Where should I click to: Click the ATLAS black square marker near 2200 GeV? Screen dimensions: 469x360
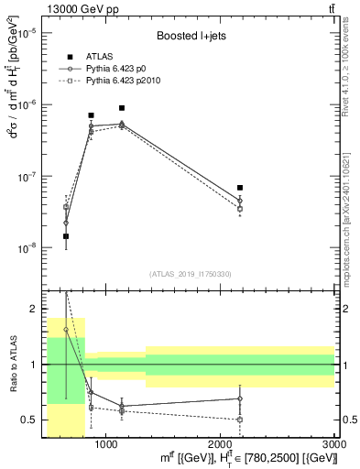240,188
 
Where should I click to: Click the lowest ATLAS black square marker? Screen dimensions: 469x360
66,236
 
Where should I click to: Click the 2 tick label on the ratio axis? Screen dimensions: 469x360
33,309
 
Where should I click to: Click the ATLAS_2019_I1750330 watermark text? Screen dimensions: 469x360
191,274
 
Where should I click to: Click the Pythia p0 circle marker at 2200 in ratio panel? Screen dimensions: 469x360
240,398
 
